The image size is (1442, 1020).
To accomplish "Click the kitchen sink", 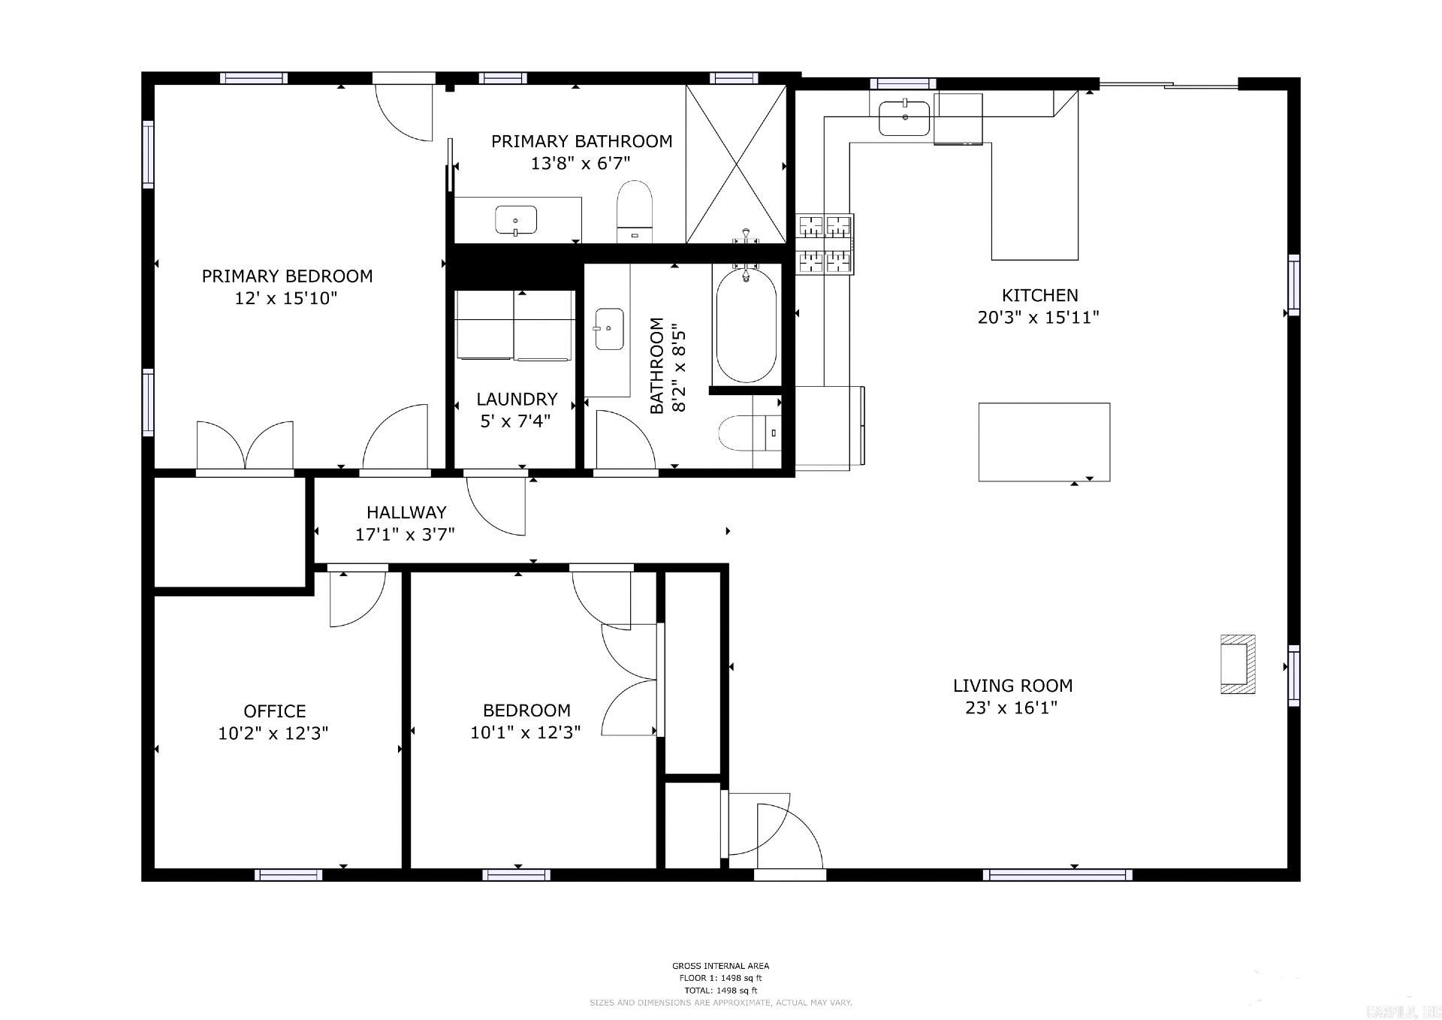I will [904, 118].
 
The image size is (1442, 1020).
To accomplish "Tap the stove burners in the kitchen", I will [825, 244].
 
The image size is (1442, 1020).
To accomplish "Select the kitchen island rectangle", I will [1044, 442].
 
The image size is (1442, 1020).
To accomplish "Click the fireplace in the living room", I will [1237, 664].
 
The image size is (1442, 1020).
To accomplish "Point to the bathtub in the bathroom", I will [746, 327].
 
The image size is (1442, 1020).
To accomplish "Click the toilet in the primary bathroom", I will [635, 210].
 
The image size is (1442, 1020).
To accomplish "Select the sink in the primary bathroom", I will [516, 220].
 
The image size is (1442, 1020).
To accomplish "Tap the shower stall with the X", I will [735, 164].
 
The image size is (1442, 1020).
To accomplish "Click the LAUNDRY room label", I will [517, 399].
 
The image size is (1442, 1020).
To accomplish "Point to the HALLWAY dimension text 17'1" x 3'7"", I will [405, 534].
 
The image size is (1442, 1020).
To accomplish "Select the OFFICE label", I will [274, 711].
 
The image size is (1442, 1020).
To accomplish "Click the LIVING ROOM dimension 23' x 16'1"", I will [1012, 708].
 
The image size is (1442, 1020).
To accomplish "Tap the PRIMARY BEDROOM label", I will [287, 276].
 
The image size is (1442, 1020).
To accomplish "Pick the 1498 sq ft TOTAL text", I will [720, 990].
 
